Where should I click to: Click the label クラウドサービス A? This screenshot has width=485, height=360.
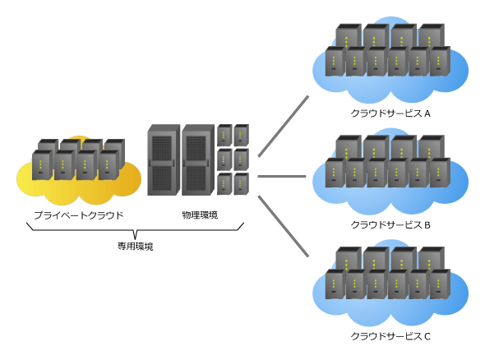point(390,113)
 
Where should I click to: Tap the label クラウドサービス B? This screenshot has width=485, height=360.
point(390,225)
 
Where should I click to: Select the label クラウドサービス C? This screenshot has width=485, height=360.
point(390,336)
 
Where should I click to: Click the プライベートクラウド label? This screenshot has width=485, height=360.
point(79,215)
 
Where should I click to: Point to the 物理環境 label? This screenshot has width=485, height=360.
point(200,215)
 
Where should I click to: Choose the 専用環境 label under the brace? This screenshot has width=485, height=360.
point(135,247)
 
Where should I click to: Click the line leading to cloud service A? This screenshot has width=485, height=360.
point(284,127)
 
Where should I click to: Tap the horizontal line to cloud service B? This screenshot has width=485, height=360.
point(282,176)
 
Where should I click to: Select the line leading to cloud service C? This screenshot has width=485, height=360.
point(284,226)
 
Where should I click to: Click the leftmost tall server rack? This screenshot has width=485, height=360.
point(164,160)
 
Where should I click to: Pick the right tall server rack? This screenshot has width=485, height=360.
point(198,160)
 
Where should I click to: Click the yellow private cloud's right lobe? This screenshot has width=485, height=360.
point(127,179)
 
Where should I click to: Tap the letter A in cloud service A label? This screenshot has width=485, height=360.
point(427,113)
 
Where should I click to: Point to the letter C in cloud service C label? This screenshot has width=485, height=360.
point(427,336)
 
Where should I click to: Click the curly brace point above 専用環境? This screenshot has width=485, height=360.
point(135,238)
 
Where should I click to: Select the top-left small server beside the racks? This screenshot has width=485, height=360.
point(224,135)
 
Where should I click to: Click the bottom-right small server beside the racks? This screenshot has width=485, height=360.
point(241,184)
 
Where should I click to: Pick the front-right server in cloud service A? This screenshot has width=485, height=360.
point(440,62)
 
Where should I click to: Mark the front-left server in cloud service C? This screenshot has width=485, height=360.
point(335,284)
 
